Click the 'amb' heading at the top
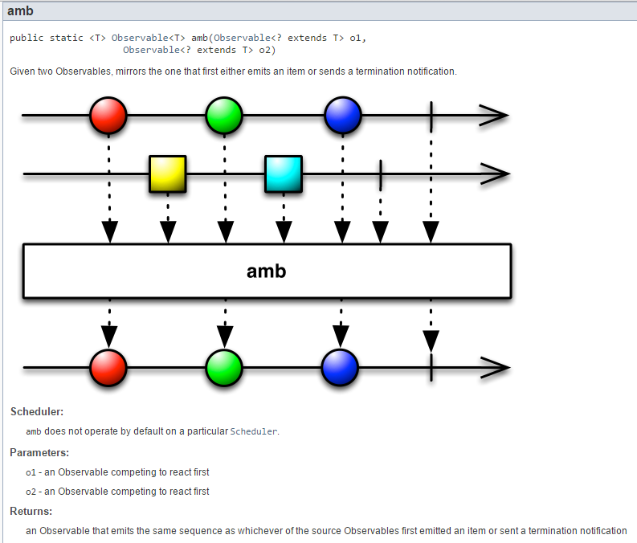click(x=20, y=11)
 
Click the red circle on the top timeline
click(x=108, y=116)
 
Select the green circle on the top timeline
click(x=224, y=116)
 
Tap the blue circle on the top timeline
click(x=343, y=116)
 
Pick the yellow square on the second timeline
click(x=167, y=174)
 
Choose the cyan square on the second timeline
click(x=284, y=174)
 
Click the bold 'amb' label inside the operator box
click(x=267, y=271)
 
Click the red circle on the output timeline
click(x=108, y=368)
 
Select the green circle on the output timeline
click(x=224, y=368)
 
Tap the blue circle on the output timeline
click(x=340, y=368)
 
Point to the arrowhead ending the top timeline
click(x=493, y=116)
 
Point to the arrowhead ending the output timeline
click(x=495, y=368)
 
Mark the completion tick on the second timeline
click(x=380, y=174)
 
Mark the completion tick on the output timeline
click(x=431, y=367)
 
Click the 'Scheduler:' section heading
click(x=37, y=412)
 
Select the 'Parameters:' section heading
click(x=39, y=453)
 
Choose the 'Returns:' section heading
click(x=31, y=511)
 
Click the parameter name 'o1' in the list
click(x=31, y=472)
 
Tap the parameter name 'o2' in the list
click(x=31, y=492)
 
